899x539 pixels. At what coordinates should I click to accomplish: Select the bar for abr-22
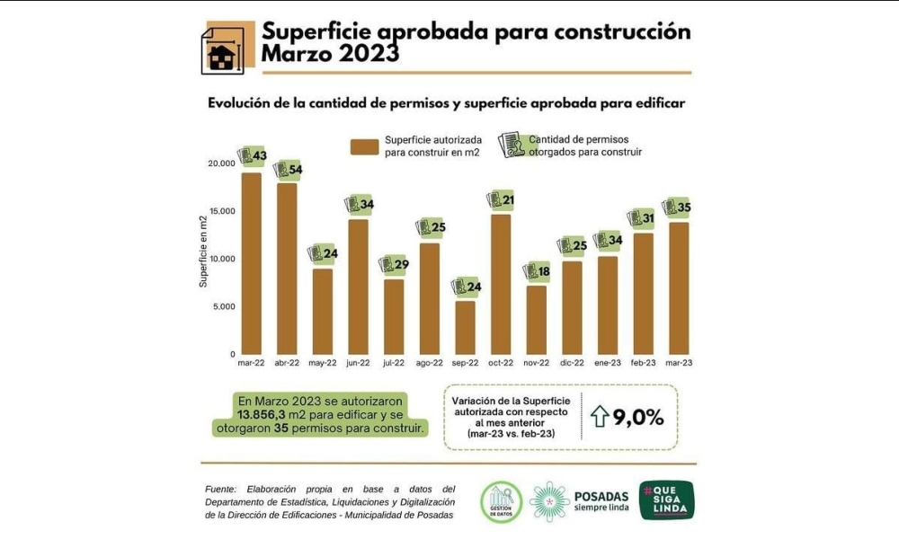(x=287, y=269)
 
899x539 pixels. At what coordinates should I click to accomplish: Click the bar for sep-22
(x=465, y=327)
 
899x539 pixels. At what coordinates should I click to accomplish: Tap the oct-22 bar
(x=501, y=284)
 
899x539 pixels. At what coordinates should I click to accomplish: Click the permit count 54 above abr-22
(x=294, y=170)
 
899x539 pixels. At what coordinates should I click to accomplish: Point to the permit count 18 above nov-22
(x=543, y=270)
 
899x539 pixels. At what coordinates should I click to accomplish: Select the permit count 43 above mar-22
(x=259, y=156)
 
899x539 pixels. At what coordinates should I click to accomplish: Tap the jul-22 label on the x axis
(x=394, y=363)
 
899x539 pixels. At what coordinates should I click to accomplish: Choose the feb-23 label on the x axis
(x=643, y=363)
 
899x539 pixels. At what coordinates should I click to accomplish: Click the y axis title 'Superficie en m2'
(x=203, y=252)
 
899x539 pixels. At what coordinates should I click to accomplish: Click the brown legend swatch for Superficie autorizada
(x=364, y=146)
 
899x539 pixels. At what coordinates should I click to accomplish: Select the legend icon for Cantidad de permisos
(x=511, y=145)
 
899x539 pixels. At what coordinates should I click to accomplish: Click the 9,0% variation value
(x=638, y=416)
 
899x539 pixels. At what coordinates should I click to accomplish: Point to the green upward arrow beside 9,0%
(x=600, y=416)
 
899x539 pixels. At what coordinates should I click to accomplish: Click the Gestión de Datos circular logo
(x=501, y=501)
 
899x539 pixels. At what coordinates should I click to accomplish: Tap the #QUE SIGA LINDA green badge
(x=666, y=500)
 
